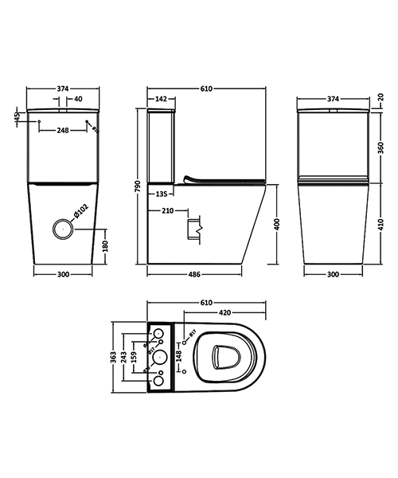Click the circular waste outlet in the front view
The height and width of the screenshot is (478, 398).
62,229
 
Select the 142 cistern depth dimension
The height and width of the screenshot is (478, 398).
160,100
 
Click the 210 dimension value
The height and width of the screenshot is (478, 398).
167,211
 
